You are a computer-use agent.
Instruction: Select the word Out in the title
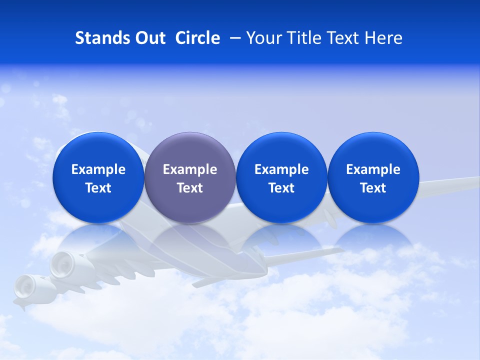point(149,38)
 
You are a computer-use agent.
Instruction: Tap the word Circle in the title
point(197,38)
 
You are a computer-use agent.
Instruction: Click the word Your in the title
point(262,38)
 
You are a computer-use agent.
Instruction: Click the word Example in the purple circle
point(190,169)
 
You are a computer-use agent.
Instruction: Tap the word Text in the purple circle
point(190,188)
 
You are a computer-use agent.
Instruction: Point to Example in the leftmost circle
point(98,169)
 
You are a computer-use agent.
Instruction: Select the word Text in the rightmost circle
point(373,188)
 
